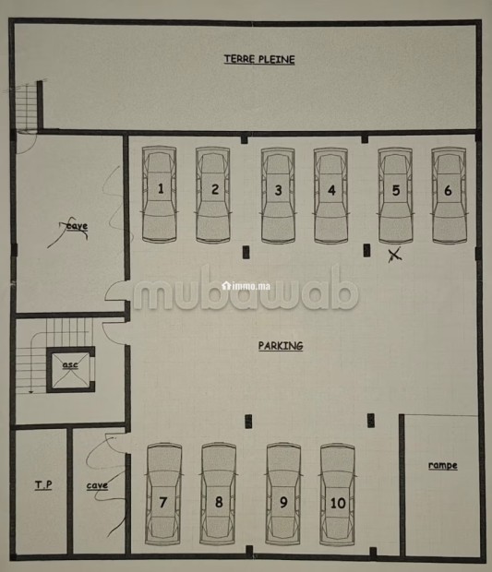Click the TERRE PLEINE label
click(x=259, y=59)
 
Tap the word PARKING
click(x=281, y=346)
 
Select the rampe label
click(x=443, y=466)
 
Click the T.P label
click(x=43, y=484)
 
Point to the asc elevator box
click(x=70, y=370)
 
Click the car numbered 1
click(x=160, y=194)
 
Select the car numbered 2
click(x=213, y=195)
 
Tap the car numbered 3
click(x=278, y=196)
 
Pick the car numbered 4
click(x=331, y=196)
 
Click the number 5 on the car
click(x=396, y=190)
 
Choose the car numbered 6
click(x=449, y=196)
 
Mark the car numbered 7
click(x=164, y=494)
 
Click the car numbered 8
click(x=218, y=494)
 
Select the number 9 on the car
click(x=283, y=502)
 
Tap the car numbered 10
click(x=338, y=495)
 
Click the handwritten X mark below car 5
click(x=394, y=255)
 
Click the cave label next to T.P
click(x=97, y=485)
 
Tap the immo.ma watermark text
click(x=246, y=286)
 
